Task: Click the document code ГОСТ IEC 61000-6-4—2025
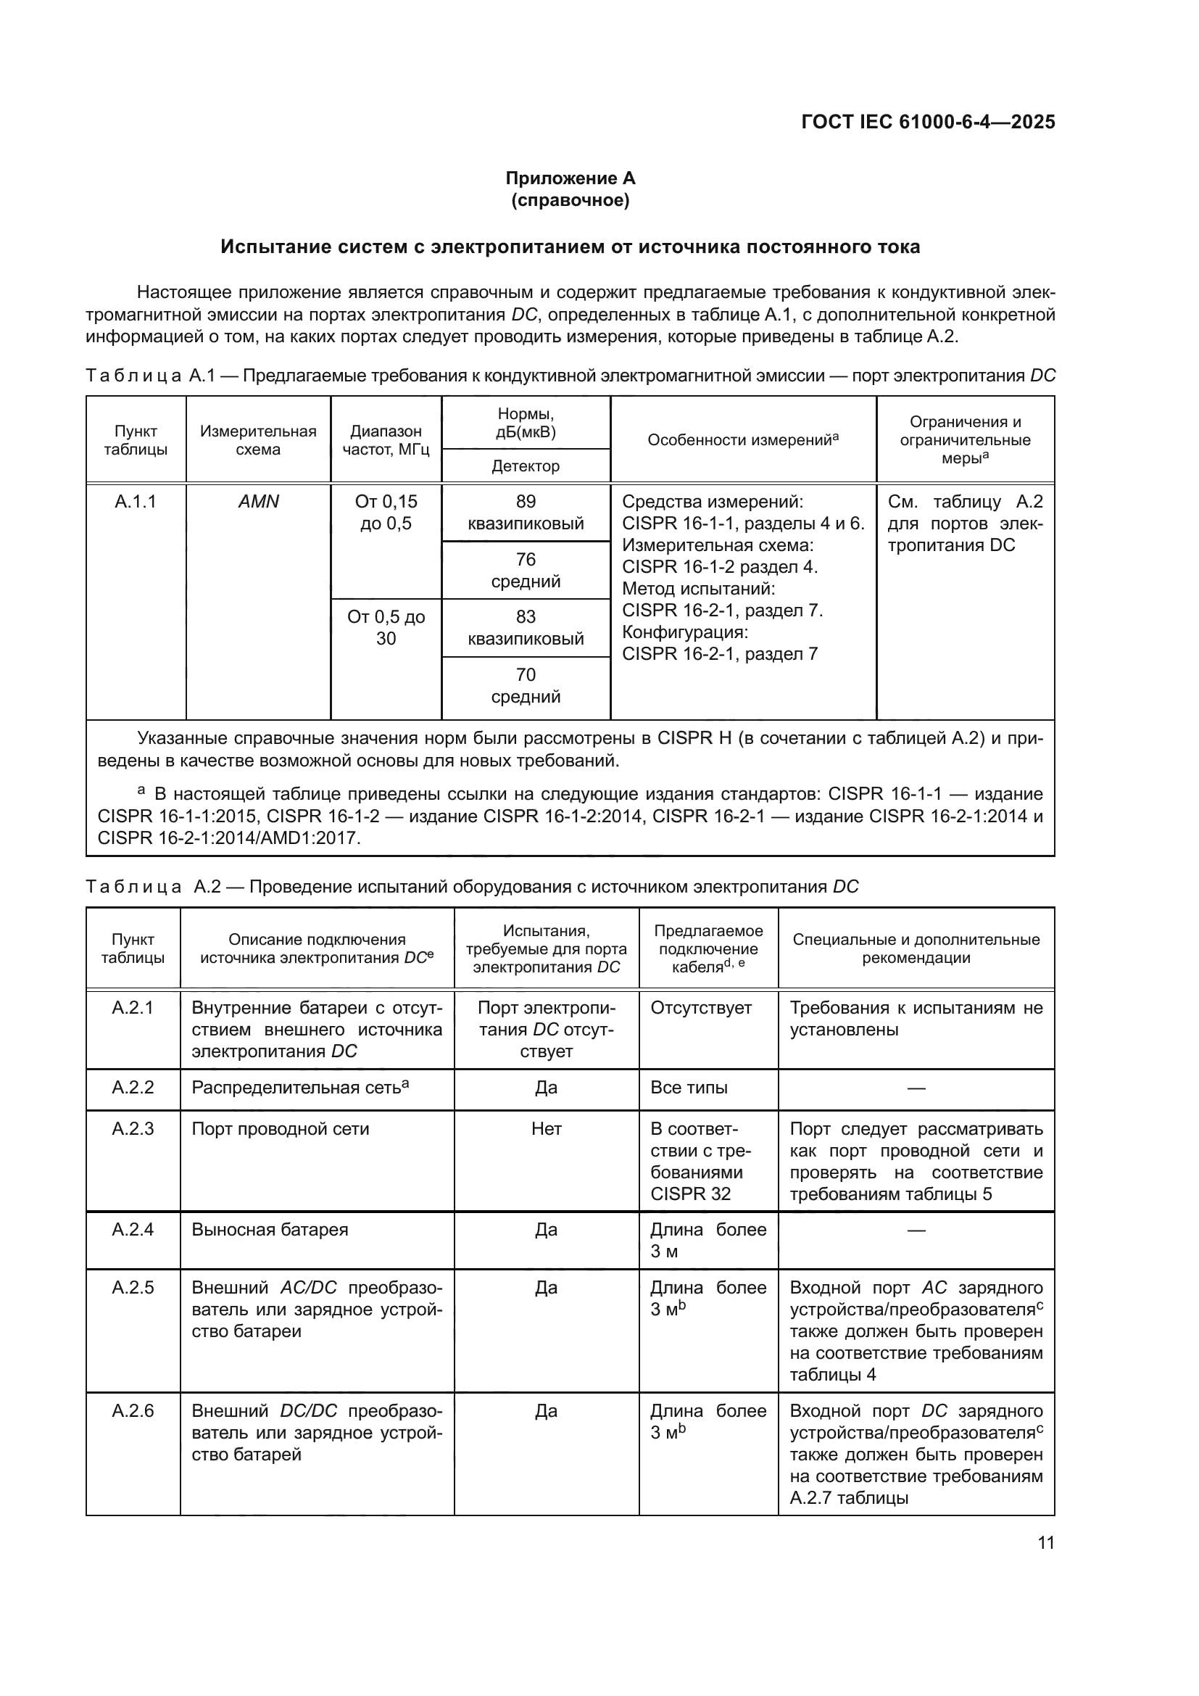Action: (927, 122)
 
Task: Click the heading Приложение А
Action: (569, 178)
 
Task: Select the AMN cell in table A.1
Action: (258, 502)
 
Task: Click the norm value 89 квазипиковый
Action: (526, 513)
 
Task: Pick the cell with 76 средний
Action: (526, 570)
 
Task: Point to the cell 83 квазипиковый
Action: (526, 628)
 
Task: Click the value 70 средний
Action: (526, 685)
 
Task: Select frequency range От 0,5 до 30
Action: (386, 628)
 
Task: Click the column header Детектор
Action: (526, 466)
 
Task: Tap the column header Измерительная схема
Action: (258, 440)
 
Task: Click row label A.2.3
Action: (133, 1129)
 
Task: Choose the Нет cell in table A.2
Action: (547, 1129)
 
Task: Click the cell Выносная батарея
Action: (270, 1229)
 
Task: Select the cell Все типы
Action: (689, 1088)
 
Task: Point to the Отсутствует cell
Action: (701, 1008)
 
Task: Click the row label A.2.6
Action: (133, 1411)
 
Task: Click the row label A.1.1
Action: (136, 502)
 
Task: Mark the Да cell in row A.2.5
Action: (547, 1288)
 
